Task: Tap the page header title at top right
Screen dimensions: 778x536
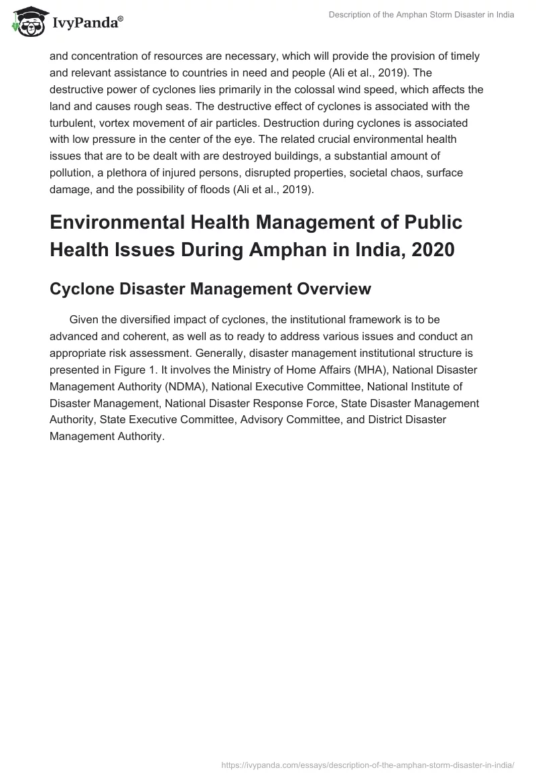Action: coord(421,15)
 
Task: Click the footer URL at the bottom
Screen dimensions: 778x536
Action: coord(367,764)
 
